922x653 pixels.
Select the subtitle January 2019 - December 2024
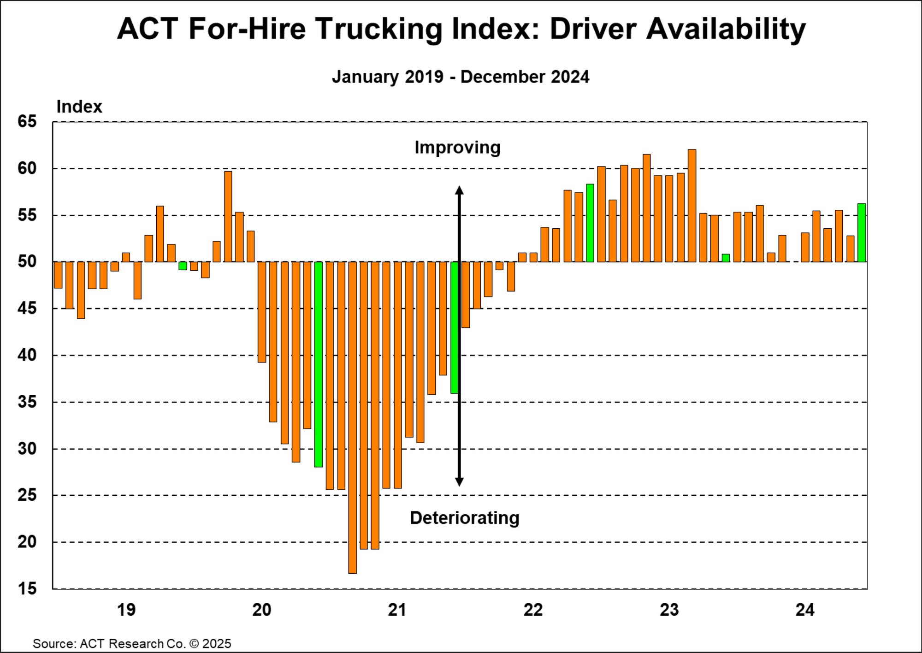coord(460,77)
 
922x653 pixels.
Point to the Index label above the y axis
coord(79,107)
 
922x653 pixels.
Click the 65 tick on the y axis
coord(27,122)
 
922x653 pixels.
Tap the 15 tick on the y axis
coord(27,588)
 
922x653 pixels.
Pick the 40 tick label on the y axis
coord(27,355)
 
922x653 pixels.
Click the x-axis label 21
coord(397,610)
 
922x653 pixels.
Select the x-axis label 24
coord(805,610)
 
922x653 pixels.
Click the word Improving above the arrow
coord(457,148)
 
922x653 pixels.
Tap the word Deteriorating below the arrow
coord(464,518)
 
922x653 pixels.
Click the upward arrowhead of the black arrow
coord(459,190)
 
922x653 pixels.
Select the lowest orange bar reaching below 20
coord(353,417)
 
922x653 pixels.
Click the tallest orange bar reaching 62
coord(692,206)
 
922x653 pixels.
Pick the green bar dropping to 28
coord(319,364)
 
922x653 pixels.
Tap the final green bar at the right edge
coord(862,233)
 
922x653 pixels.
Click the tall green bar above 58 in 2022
coord(590,223)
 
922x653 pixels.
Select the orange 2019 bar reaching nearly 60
coord(228,217)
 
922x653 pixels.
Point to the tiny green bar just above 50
coord(726,258)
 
